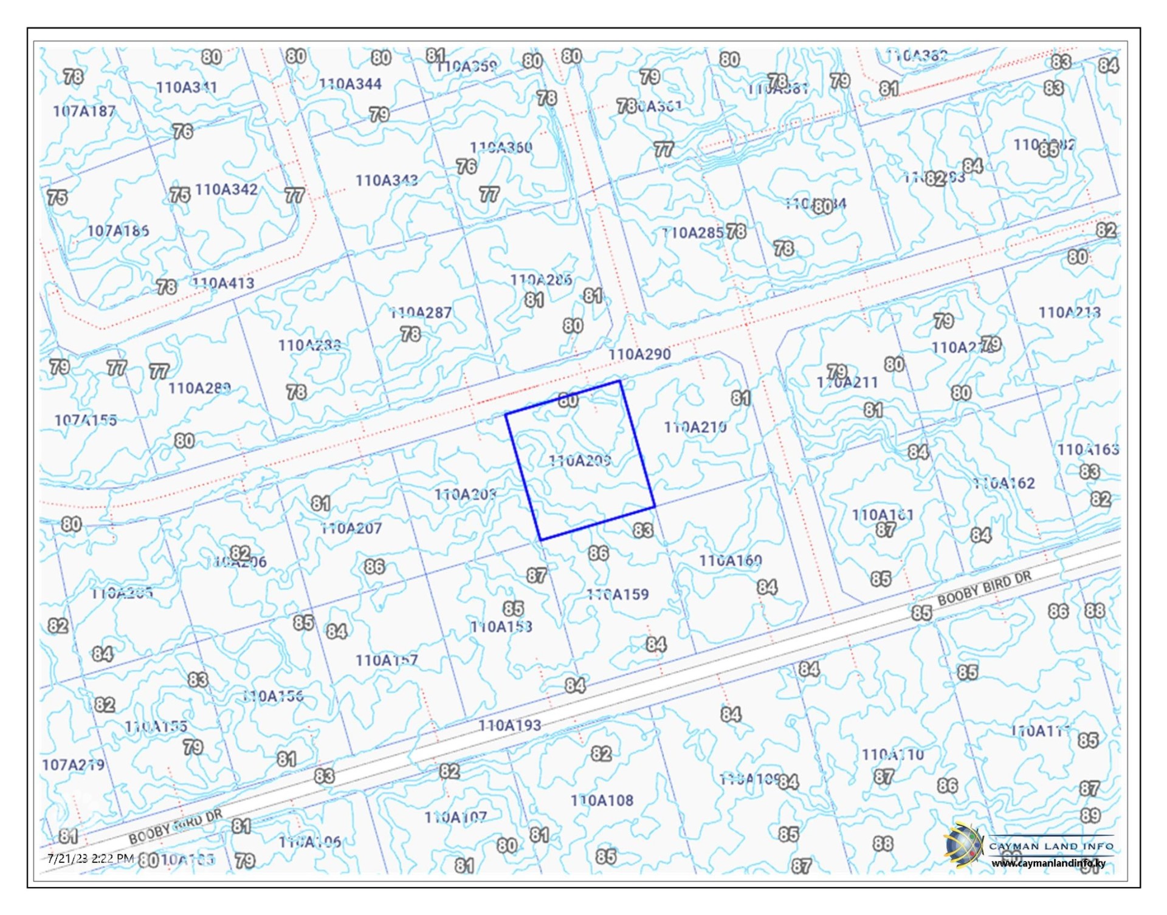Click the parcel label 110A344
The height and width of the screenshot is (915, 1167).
[x=350, y=84]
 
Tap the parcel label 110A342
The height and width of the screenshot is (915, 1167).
[x=226, y=190]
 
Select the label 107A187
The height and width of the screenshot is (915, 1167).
[x=84, y=111]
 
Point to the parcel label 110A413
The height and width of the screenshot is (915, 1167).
[x=223, y=283]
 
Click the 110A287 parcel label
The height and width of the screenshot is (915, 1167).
[x=421, y=313]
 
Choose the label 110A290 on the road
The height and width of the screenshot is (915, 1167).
[x=639, y=354]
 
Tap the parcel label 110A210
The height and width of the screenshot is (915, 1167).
[x=695, y=428]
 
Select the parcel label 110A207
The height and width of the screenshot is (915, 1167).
[x=351, y=529]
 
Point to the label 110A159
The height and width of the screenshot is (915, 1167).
[x=618, y=594]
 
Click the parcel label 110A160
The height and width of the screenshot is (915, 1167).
[x=730, y=561]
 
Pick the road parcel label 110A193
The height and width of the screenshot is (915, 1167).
[x=509, y=725]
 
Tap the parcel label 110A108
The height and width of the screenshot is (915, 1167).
[x=602, y=801]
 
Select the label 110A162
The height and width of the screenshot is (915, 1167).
[x=1003, y=484]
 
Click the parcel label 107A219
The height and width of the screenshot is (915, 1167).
[x=73, y=765]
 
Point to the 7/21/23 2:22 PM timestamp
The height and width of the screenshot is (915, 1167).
[x=91, y=858]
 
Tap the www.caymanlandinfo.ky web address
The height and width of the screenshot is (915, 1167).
[x=1048, y=863]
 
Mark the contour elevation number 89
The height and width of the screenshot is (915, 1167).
[x=1090, y=815]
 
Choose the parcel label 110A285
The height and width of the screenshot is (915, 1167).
[x=692, y=233]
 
